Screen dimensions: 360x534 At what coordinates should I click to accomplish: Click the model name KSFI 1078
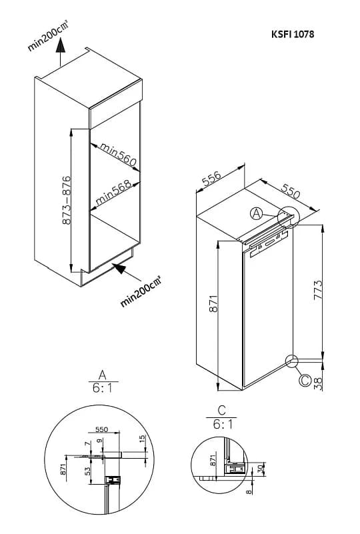click(x=293, y=34)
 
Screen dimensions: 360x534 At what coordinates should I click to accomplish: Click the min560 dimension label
click(x=118, y=155)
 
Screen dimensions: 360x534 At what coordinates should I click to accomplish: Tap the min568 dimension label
click(x=113, y=193)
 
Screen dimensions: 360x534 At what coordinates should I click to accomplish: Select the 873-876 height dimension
click(x=67, y=200)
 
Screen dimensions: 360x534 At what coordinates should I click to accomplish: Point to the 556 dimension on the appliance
click(x=211, y=179)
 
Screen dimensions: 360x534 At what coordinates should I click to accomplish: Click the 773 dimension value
click(x=317, y=290)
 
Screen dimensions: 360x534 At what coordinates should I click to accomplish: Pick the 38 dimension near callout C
click(x=317, y=383)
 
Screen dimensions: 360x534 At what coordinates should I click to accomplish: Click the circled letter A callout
click(x=257, y=214)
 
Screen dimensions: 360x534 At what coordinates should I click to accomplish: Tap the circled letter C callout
click(x=305, y=380)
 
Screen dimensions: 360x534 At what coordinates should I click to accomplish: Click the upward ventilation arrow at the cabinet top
click(x=60, y=52)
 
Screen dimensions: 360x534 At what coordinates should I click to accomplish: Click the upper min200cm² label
click(x=47, y=36)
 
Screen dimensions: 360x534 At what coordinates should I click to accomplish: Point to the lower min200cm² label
click(x=140, y=291)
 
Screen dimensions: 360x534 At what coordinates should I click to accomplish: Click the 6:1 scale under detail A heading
click(x=103, y=387)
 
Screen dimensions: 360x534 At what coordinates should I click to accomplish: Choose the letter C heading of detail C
click(x=222, y=410)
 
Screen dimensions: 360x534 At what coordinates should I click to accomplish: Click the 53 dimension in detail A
click(x=88, y=471)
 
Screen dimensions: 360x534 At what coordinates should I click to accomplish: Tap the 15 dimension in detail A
click(x=143, y=438)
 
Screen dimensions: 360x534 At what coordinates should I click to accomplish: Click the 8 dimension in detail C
click(x=249, y=491)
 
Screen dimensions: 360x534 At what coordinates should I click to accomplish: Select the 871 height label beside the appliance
click(x=213, y=303)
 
